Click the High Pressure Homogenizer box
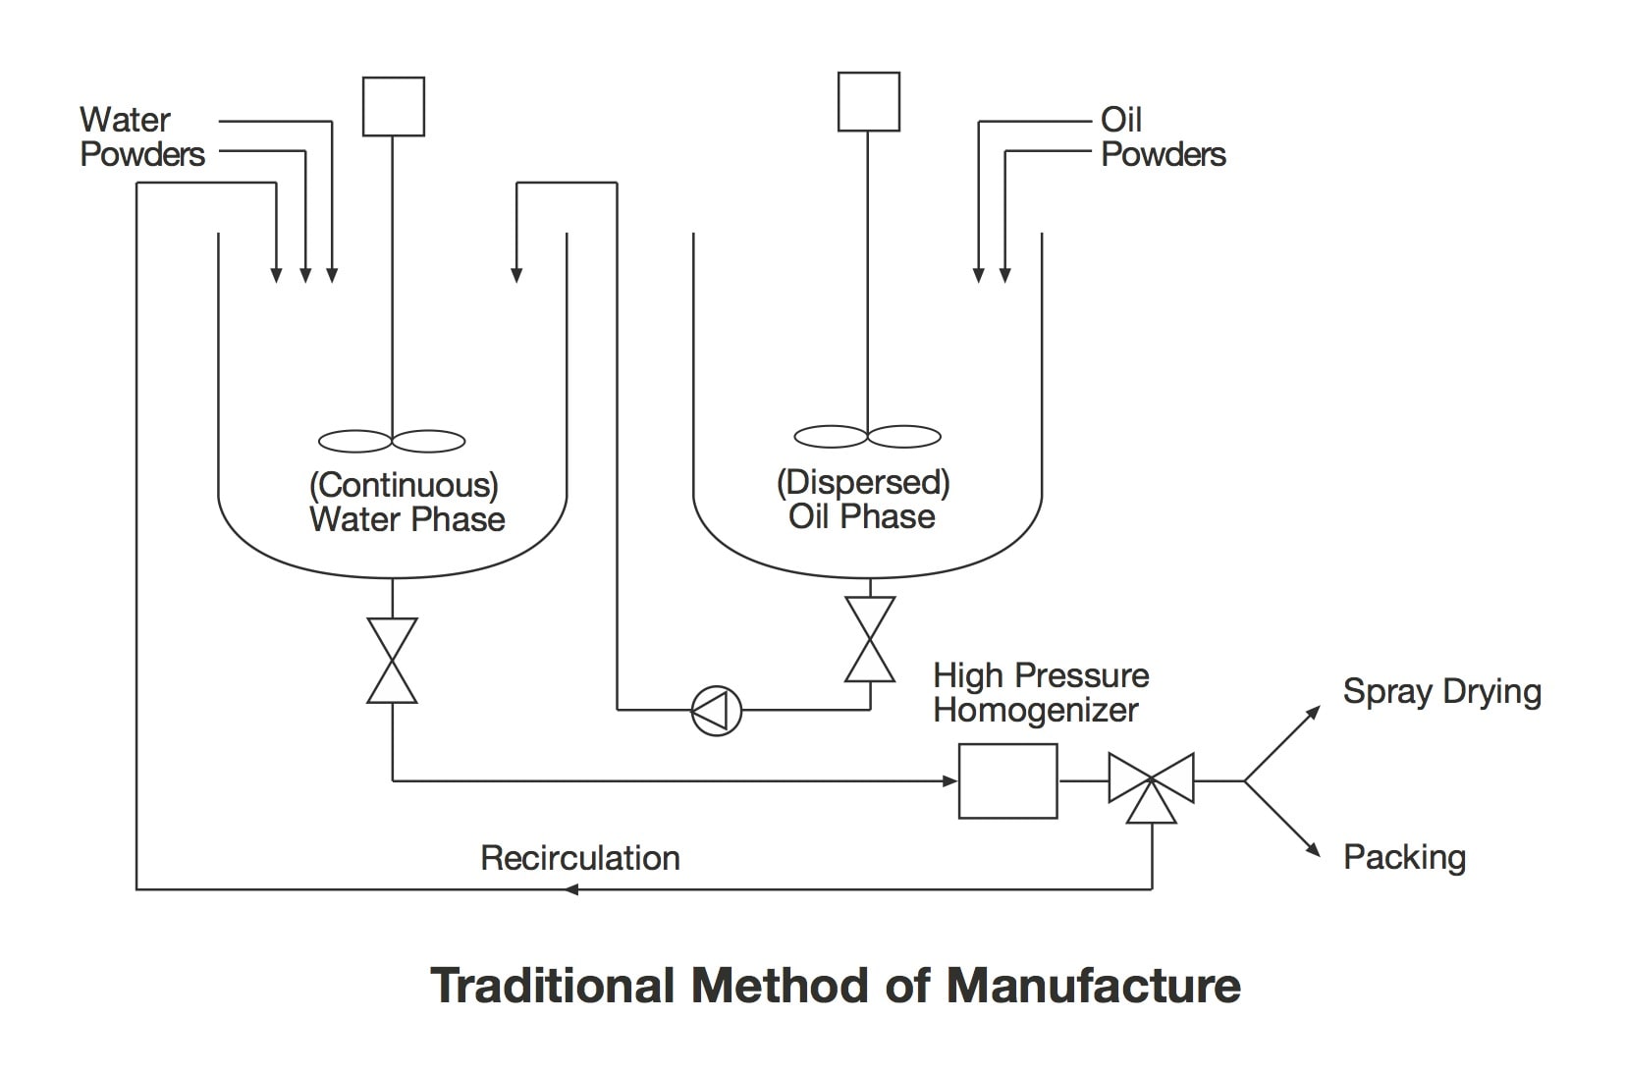(1007, 780)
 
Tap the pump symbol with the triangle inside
(717, 710)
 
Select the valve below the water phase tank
(392, 661)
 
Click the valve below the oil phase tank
(870, 639)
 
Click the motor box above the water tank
(393, 106)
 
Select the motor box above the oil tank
(868, 101)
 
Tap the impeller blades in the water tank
(392, 441)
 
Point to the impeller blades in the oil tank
(867, 436)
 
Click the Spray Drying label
(1441, 691)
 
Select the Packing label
(1404, 857)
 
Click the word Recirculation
(579, 858)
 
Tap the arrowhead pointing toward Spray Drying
(1313, 712)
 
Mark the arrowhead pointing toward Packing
(1313, 851)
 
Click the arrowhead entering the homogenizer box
(949, 781)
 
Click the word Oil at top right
(1121, 120)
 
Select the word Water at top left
(125, 120)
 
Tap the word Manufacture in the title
(1093, 986)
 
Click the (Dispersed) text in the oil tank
(863, 482)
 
